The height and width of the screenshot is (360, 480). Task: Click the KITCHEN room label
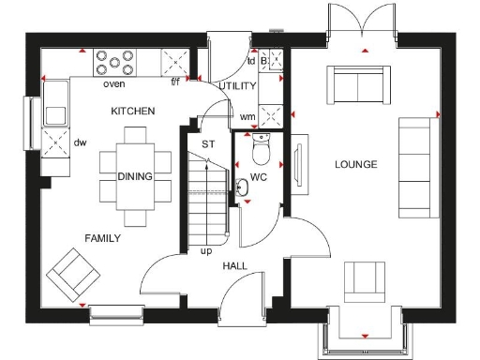coord(132,112)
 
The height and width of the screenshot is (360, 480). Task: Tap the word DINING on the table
coord(135,176)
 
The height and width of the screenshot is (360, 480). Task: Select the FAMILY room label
coord(102,238)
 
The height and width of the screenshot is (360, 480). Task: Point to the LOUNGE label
coord(355,165)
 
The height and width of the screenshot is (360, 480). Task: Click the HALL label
coord(234,266)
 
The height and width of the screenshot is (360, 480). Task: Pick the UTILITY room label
coord(237,85)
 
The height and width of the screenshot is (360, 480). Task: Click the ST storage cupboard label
coord(209,143)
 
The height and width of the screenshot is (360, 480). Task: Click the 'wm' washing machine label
coord(247,116)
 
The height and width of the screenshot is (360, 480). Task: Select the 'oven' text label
coord(114,84)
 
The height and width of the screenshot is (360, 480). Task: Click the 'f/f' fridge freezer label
coord(175,82)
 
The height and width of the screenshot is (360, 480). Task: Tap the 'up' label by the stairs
coord(205,251)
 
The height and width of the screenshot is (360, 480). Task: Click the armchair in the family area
coord(74,274)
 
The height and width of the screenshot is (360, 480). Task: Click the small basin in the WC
coord(243,186)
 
